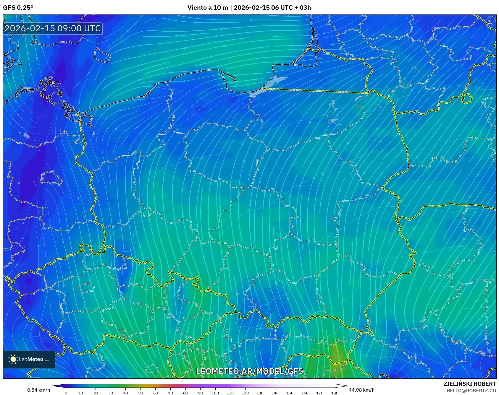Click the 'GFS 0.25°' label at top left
(18, 8)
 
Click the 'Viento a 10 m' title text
(207, 8)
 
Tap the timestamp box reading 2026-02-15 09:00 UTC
(53, 28)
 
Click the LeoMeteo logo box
(29, 359)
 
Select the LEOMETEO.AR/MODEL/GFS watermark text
(249, 371)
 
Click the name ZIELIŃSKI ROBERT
(469, 384)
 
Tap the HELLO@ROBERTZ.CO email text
(471, 391)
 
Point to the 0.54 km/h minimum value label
(38, 390)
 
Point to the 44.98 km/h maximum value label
(361, 390)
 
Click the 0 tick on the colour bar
(66, 393)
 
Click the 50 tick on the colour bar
(141, 393)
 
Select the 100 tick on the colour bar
(215, 393)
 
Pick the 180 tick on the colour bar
(335, 393)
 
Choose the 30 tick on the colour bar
(111, 393)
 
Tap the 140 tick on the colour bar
(275, 393)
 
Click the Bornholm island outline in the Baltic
(102, 55)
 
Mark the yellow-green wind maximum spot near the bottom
(335, 353)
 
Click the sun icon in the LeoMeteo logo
(13, 359)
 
